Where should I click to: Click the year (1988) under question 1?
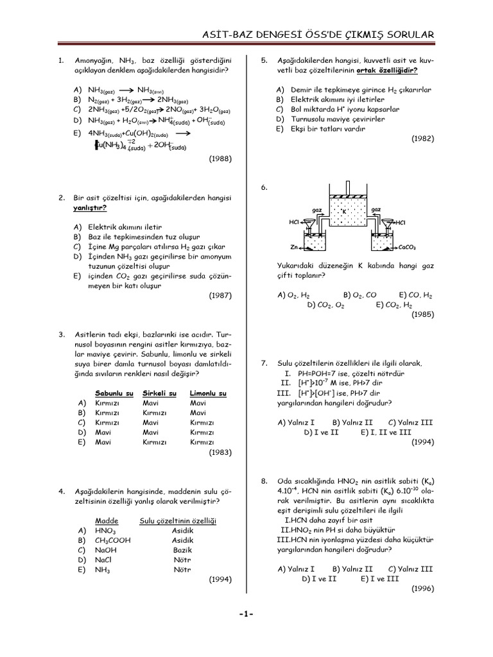point(220,158)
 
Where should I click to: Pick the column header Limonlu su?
point(208,393)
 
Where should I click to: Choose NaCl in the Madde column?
point(103,559)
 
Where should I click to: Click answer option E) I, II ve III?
point(386,432)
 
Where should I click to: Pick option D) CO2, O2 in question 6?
point(326,305)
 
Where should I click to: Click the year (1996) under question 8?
point(422,588)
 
